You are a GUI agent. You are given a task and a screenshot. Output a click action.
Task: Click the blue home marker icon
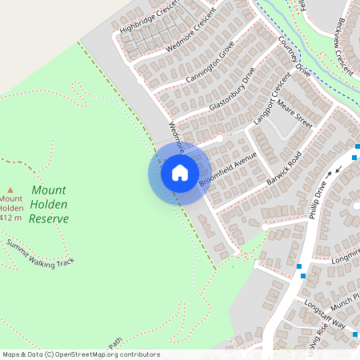pyautogui.click(x=179, y=173)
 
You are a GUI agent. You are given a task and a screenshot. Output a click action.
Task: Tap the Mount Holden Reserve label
pyautogui.click(x=49, y=204)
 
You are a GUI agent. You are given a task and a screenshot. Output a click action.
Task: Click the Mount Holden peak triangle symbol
pyautogui.click(x=10, y=189)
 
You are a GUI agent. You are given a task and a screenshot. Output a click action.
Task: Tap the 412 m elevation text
pyautogui.click(x=10, y=218)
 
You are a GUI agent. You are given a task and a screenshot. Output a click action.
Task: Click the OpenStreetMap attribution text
pyautogui.click(x=81, y=354)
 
